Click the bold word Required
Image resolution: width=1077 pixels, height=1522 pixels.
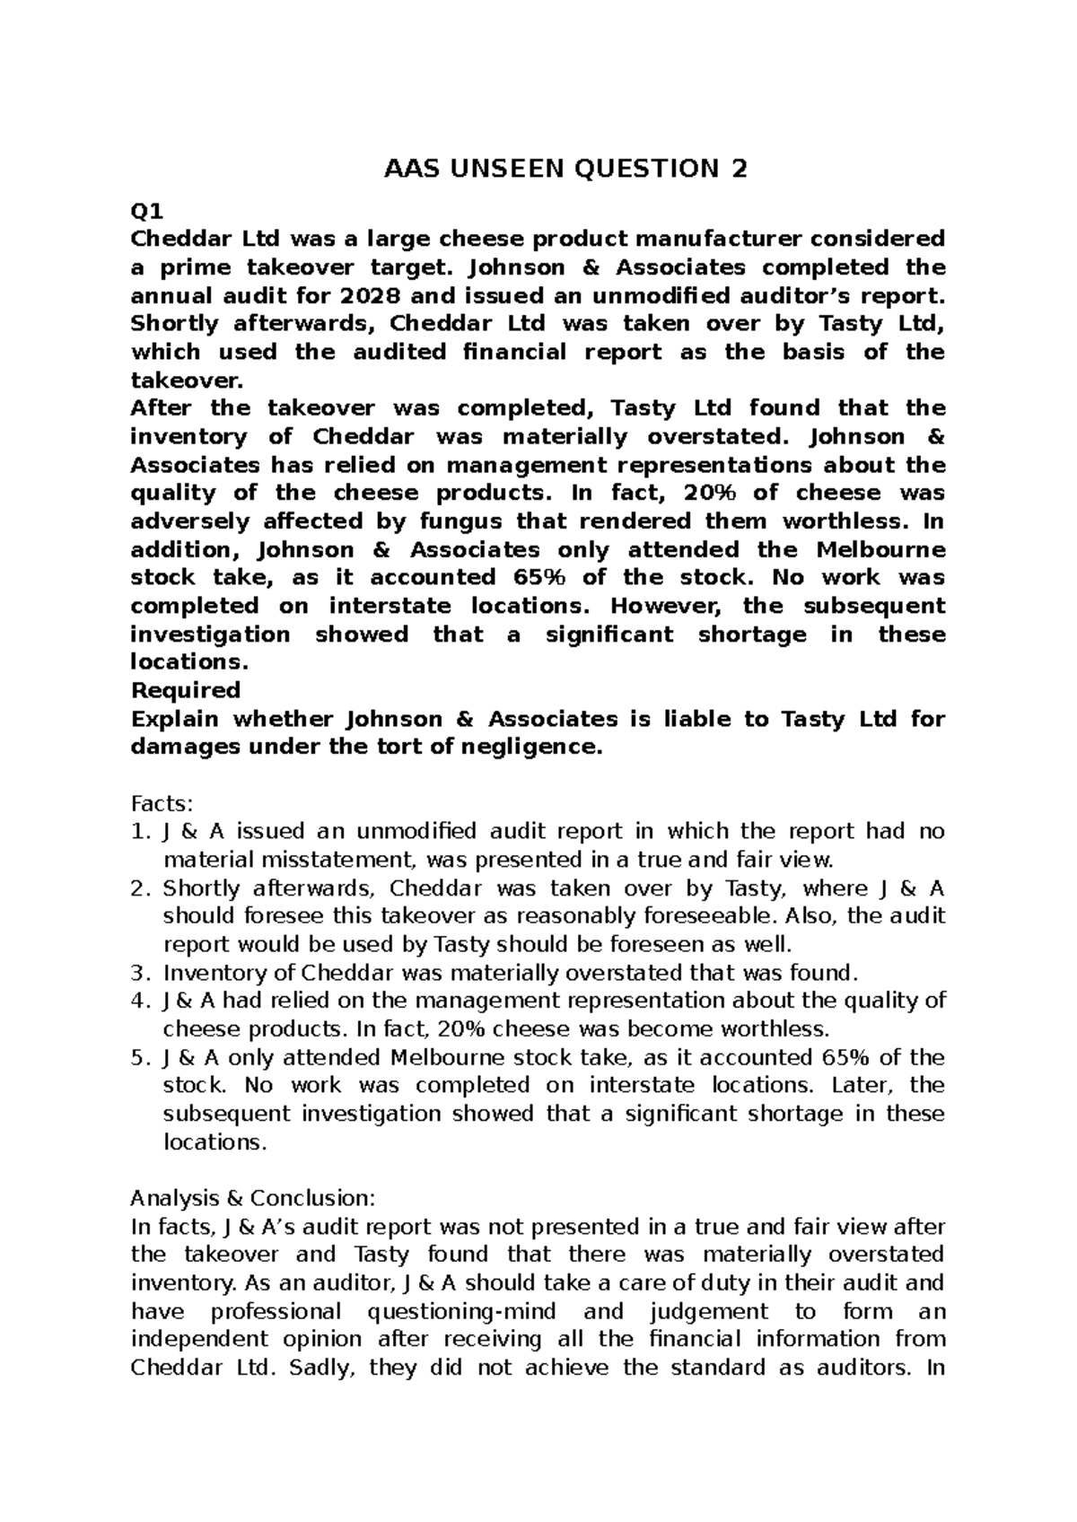(x=186, y=690)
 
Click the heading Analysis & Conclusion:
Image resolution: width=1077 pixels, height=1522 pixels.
(x=252, y=1198)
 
